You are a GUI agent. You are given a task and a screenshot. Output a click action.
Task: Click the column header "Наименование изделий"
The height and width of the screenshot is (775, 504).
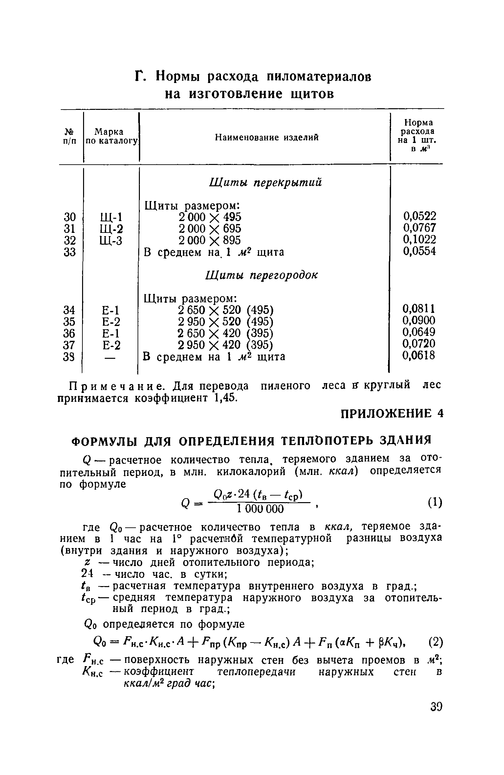point(267,137)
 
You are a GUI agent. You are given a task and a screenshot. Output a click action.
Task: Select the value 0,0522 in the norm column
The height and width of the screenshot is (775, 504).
point(420,216)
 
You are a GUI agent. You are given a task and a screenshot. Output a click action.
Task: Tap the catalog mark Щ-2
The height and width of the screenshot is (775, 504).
point(111,229)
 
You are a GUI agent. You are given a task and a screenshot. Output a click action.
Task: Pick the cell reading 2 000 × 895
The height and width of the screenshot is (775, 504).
point(209,240)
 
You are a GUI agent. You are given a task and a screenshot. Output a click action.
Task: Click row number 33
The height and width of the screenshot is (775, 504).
point(70,252)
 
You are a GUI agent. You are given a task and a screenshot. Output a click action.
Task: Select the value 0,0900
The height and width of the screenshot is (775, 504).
point(419,320)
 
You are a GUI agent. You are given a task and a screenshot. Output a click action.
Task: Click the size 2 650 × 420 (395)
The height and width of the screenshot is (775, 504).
point(225,333)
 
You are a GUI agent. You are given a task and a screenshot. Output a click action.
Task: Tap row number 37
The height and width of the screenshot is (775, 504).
point(69,345)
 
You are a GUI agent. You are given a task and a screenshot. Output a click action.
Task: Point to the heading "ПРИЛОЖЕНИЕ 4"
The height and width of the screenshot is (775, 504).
point(392,414)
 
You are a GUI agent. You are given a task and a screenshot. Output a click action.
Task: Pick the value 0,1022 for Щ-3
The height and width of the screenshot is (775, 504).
point(420,239)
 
